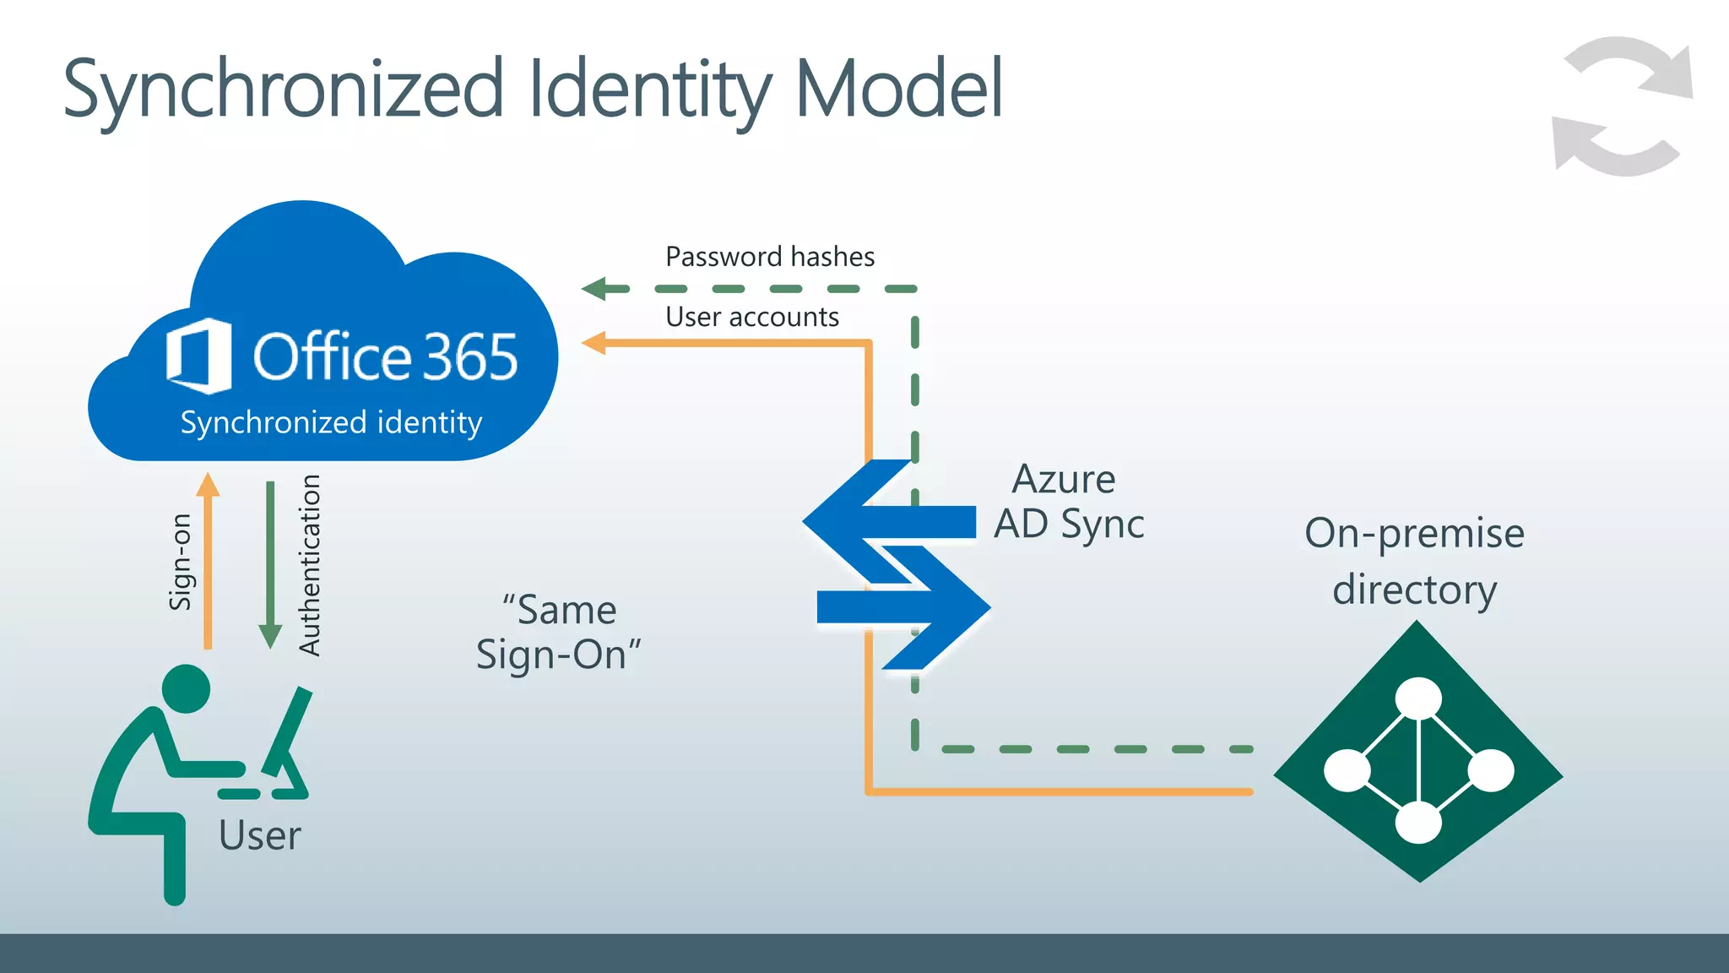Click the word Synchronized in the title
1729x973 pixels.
tap(283, 89)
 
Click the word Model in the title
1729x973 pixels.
tap(898, 89)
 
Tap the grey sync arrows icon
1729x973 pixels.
tap(1623, 106)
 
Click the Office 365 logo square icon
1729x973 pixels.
tap(199, 356)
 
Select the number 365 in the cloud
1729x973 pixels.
tap(469, 357)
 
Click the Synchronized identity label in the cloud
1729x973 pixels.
tap(331, 422)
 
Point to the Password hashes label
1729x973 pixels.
tap(769, 257)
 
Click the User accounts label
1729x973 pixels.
tap(751, 317)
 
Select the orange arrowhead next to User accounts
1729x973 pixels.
tap(595, 343)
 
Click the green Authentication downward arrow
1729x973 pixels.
tap(270, 566)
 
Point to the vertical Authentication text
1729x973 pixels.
tap(310, 565)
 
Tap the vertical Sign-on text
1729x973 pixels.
tap(181, 562)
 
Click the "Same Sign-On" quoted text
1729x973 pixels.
tap(559, 632)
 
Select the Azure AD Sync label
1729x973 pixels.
tap(1068, 502)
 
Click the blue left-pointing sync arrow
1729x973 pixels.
tap(886, 521)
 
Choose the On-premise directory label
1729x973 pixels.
tap(1414, 561)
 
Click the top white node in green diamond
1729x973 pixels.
tap(1418, 698)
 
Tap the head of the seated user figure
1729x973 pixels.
tap(186, 688)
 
